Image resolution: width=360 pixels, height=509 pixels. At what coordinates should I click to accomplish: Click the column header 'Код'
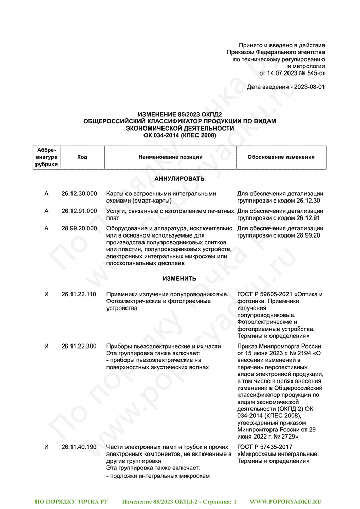point(82,157)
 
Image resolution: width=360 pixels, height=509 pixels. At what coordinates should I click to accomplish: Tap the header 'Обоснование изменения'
point(281,157)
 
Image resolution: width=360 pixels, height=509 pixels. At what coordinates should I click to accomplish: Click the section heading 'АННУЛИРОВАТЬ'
point(179,179)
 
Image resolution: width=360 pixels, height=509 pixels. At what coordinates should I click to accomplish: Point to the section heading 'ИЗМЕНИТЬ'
point(179,279)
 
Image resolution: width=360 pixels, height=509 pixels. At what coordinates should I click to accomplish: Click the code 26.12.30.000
point(79,194)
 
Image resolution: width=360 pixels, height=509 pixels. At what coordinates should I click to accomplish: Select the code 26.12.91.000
point(79,211)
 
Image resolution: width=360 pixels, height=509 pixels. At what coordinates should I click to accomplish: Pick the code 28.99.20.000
point(79,228)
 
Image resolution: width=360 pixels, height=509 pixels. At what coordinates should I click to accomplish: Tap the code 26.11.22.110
point(79,294)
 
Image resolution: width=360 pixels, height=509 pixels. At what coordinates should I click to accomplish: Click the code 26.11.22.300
point(79,347)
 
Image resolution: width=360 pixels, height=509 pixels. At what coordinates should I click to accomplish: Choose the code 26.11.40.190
point(79,447)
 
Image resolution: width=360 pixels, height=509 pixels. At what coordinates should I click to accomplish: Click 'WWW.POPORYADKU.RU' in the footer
point(285,501)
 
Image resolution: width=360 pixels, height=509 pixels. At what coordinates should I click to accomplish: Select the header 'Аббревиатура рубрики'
point(47,157)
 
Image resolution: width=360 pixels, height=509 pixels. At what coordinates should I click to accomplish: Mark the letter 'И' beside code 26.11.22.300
point(47,347)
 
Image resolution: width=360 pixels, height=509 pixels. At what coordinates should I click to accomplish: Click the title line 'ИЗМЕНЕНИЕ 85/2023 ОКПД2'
point(179,114)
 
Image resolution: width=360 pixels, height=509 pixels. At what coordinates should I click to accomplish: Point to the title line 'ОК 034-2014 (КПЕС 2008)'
point(179,135)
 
